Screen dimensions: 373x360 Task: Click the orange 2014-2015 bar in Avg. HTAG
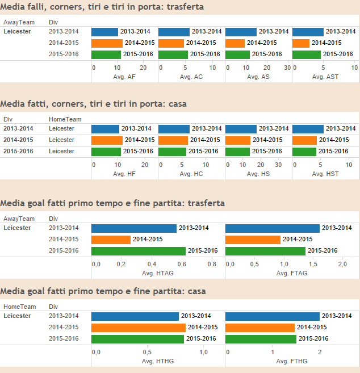pyautogui.click(x=111, y=240)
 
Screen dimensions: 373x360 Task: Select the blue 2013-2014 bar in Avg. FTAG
pyautogui.click(x=272, y=228)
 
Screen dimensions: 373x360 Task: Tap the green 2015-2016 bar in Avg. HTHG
pyautogui.click(x=137, y=339)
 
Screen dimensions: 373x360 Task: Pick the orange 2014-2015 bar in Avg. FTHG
pyautogui.click(x=260, y=328)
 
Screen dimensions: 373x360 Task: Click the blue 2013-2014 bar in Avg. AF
pyautogui.click(x=104, y=32)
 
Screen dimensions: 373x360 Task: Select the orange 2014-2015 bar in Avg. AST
pyautogui.click(x=301, y=43)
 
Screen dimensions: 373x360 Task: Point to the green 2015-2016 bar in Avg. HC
pyautogui.click(x=172, y=152)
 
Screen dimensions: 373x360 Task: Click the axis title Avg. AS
pyautogui.click(x=258, y=77)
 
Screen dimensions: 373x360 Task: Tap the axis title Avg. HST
pyautogui.click(x=325, y=174)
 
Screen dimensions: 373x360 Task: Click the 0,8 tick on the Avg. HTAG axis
pyautogui.click(x=212, y=265)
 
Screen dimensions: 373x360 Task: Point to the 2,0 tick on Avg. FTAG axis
pyautogui.click(x=342, y=265)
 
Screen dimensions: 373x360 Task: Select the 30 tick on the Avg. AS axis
pyautogui.click(x=287, y=68)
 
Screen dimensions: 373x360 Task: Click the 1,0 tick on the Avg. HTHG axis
pyautogui.click(x=203, y=353)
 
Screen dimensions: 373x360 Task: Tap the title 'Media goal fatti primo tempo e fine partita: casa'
pyautogui.click(x=103, y=291)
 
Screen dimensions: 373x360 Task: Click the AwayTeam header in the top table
pyautogui.click(x=19, y=22)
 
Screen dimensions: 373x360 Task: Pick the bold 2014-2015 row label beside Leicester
pyautogui.click(x=18, y=140)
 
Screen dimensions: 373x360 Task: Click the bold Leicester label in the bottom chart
pyautogui.click(x=17, y=316)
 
